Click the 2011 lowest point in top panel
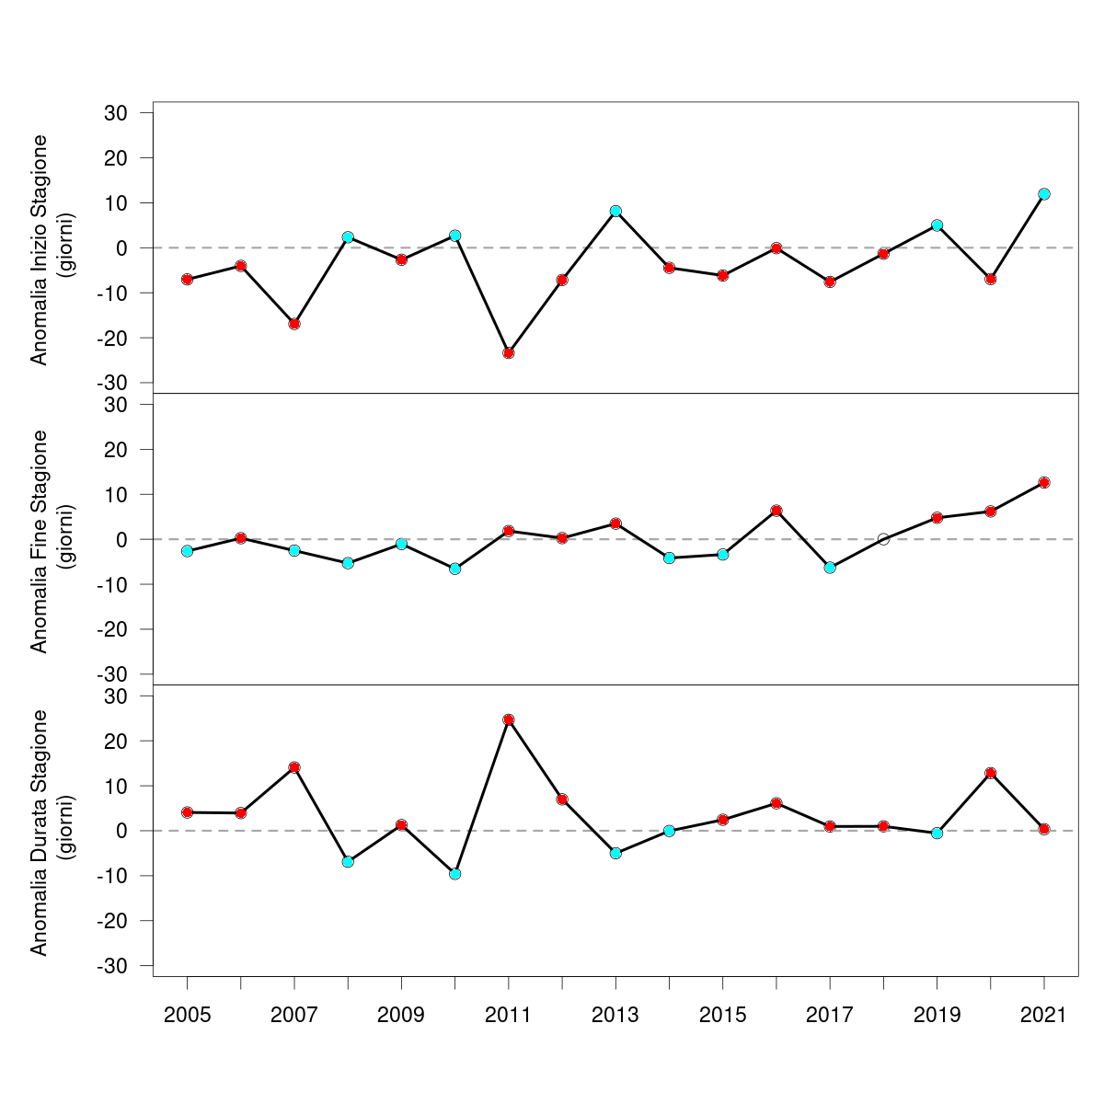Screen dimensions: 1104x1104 coord(509,353)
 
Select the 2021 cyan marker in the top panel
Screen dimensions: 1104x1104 coord(1044,194)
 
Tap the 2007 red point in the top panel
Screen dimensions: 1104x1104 coord(294,324)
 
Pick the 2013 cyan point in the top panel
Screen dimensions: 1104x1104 coord(615,212)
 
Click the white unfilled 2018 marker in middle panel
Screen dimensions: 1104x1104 coord(883,539)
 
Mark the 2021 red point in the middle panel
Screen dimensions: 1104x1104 coord(1044,482)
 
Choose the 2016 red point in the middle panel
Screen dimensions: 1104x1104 coord(776,511)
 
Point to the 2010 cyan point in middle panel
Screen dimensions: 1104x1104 coord(454,569)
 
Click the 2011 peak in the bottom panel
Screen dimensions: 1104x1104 coord(509,719)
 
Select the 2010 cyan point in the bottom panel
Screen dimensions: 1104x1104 coord(454,874)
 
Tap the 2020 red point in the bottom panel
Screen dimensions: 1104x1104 coord(991,773)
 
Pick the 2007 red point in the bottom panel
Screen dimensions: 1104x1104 coord(294,767)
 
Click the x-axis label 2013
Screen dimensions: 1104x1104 coord(615,1016)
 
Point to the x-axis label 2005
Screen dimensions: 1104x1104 coord(187,1016)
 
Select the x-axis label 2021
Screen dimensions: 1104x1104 coord(1044,1016)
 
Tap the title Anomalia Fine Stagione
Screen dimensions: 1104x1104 coord(39,540)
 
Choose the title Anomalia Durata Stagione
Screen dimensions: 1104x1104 coord(39,832)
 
